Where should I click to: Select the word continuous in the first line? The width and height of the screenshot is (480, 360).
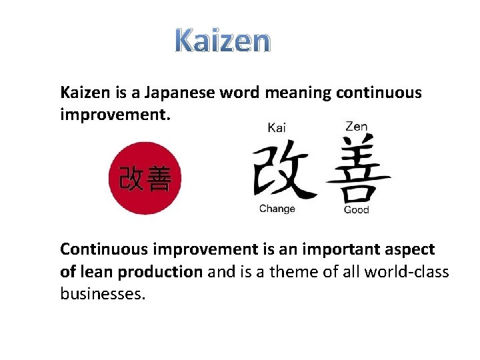[379, 93]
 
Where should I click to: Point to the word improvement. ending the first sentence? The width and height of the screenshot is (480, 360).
[115, 115]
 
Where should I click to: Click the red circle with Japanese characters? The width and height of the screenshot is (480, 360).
[145, 178]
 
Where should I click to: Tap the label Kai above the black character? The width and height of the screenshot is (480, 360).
[277, 128]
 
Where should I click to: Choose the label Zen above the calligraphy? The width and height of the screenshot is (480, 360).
[356, 126]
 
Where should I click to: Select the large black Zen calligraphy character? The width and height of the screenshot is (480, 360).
[357, 169]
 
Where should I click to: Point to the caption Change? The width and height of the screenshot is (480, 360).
[277, 209]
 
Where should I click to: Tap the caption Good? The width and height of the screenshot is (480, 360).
[356, 210]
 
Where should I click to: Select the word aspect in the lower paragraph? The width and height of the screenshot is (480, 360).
[410, 251]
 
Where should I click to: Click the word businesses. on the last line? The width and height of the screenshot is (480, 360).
[102, 293]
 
